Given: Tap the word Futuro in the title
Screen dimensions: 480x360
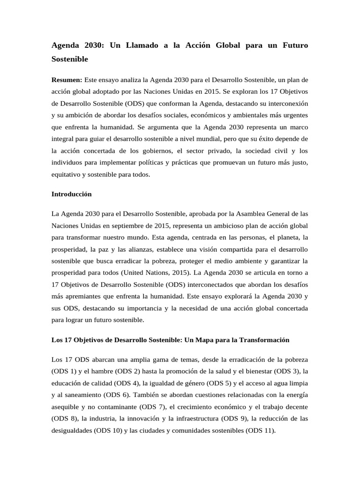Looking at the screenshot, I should click(292, 46).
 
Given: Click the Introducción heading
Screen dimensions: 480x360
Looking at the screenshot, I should click(71, 194).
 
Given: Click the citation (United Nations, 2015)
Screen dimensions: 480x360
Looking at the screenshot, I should click(152, 272).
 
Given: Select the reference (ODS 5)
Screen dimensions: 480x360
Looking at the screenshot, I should click(219, 383).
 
